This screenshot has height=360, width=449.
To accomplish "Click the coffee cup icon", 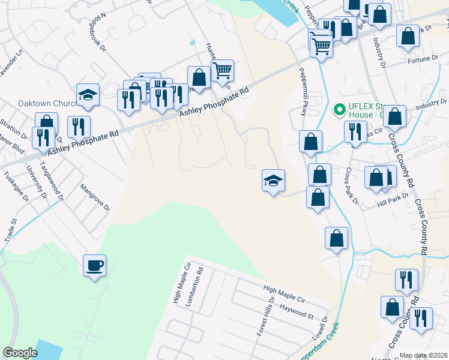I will click(x=95, y=265).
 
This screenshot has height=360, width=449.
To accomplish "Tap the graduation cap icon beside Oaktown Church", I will click(x=88, y=95).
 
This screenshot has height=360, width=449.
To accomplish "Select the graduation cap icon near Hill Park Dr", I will click(x=273, y=181).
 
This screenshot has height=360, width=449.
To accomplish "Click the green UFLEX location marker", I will click(x=339, y=110).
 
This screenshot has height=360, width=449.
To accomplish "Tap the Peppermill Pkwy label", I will click(x=303, y=88).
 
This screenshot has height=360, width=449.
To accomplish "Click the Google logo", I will click(x=20, y=352).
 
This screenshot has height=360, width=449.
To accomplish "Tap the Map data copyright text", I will click(x=423, y=355).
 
